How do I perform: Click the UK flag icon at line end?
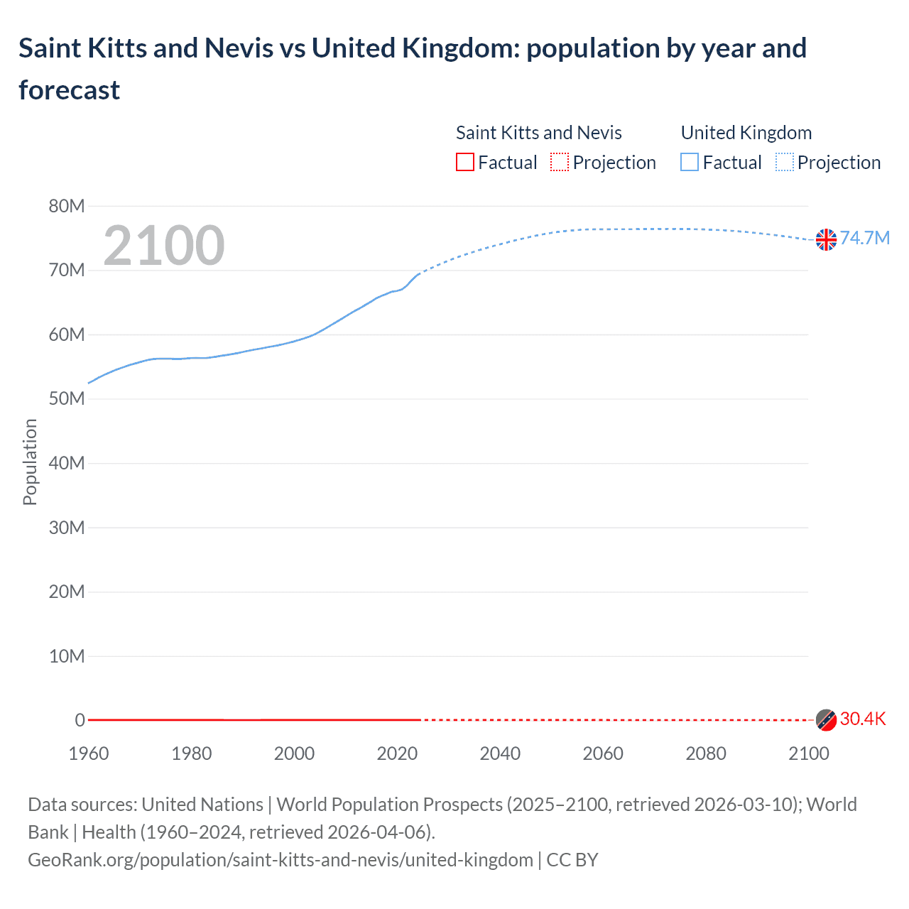pos(826,240)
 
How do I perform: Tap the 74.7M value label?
pos(865,238)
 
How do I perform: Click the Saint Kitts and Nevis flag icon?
pos(826,720)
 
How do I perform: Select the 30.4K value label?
pos(863,719)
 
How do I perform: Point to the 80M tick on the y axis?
pos(67,206)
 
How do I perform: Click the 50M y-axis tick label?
pos(67,399)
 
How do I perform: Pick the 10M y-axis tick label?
pos(67,656)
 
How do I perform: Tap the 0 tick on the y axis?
pos(80,720)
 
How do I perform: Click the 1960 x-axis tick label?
pos(89,753)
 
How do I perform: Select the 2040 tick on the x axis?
pos(500,753)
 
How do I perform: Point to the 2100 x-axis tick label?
pos(808,753)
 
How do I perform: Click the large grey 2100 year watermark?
pos(164,246)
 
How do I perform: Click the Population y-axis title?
pos(30,462)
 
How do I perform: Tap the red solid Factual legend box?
pos(465,163)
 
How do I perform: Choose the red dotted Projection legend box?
pos(560,163)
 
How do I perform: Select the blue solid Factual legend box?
pos(690,163)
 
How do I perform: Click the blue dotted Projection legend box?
pos(785,163)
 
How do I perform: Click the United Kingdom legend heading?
pos(746,133)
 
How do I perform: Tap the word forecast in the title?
pos(70,90)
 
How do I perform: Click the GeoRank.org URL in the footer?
pos(281,860)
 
